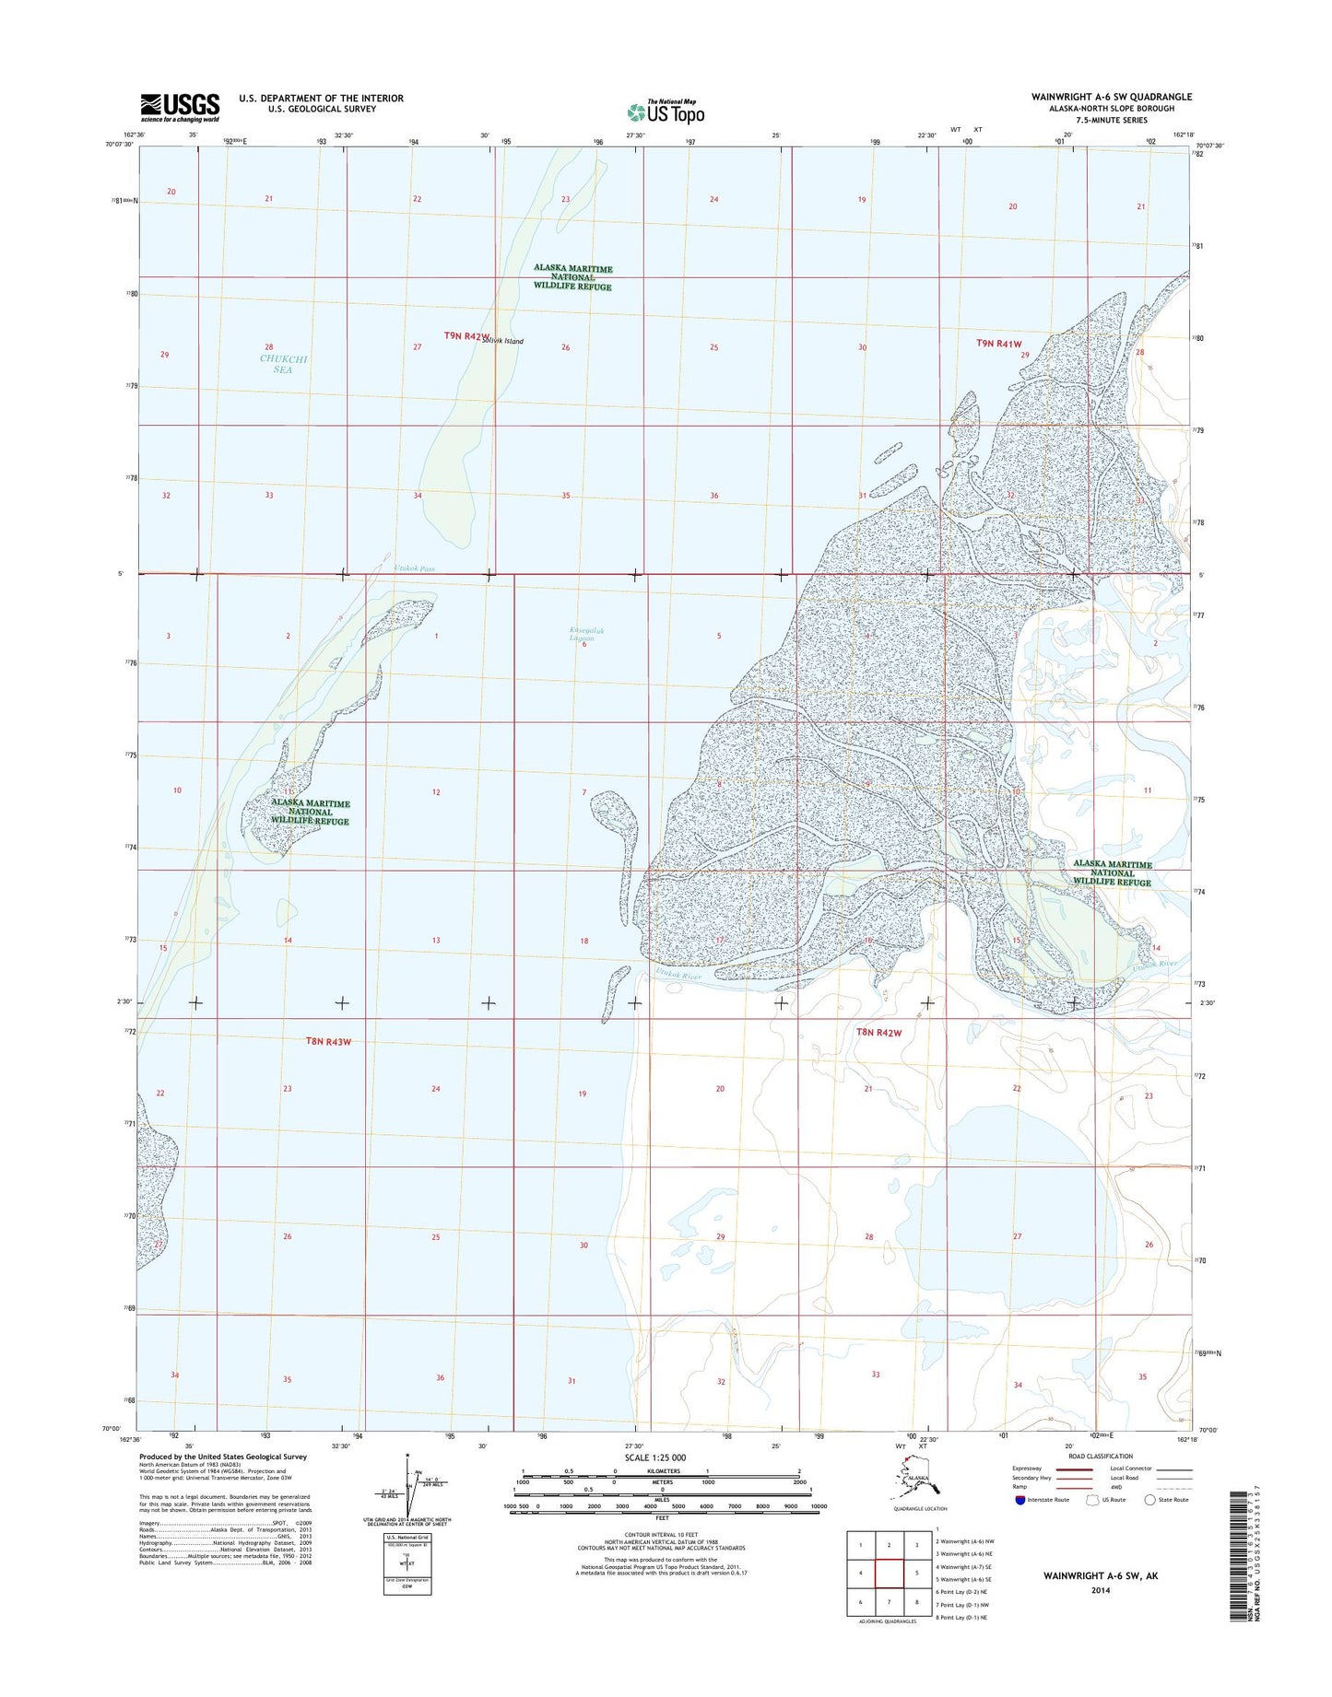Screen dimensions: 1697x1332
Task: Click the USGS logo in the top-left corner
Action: (180, 107)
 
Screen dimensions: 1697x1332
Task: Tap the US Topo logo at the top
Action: (666, 112)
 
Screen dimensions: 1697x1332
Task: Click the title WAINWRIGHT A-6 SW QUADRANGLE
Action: (1112, 97)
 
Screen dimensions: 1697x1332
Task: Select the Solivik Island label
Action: (501, 341)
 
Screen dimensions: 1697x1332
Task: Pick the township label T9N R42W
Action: (466, 336)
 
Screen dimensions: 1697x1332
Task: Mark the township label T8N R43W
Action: (328, 1042)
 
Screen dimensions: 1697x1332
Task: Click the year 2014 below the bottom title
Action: (1100, 1589)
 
